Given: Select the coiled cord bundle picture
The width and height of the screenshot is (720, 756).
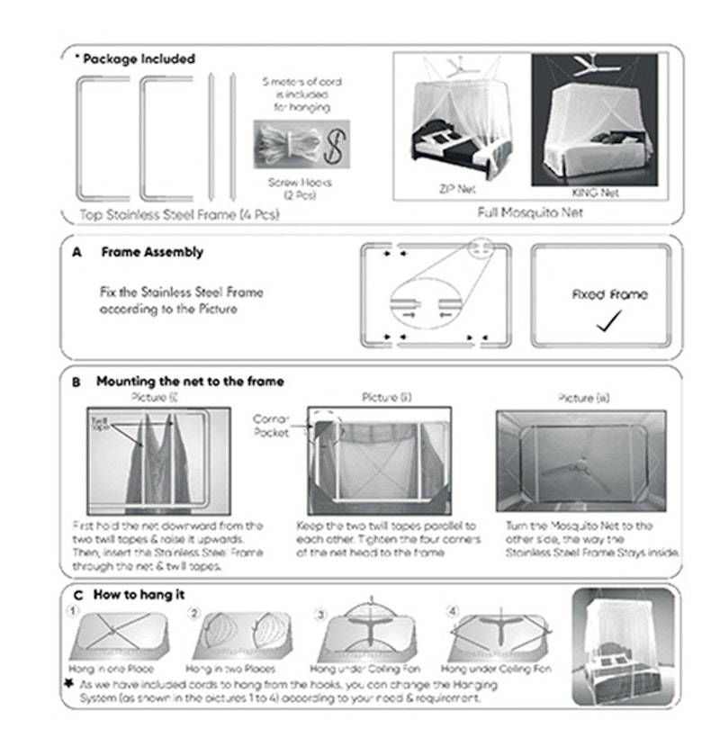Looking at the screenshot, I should click(x=285, y=143).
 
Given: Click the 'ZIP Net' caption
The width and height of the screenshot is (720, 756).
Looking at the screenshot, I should click(x=457, y=192).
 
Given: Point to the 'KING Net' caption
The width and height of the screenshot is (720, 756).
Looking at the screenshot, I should click(x=597, y=192).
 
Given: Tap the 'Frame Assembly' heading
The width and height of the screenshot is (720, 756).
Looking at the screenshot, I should click(x=151, y=253).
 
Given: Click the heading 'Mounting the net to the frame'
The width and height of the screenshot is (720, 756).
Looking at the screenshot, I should click(x=190, y=382).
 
